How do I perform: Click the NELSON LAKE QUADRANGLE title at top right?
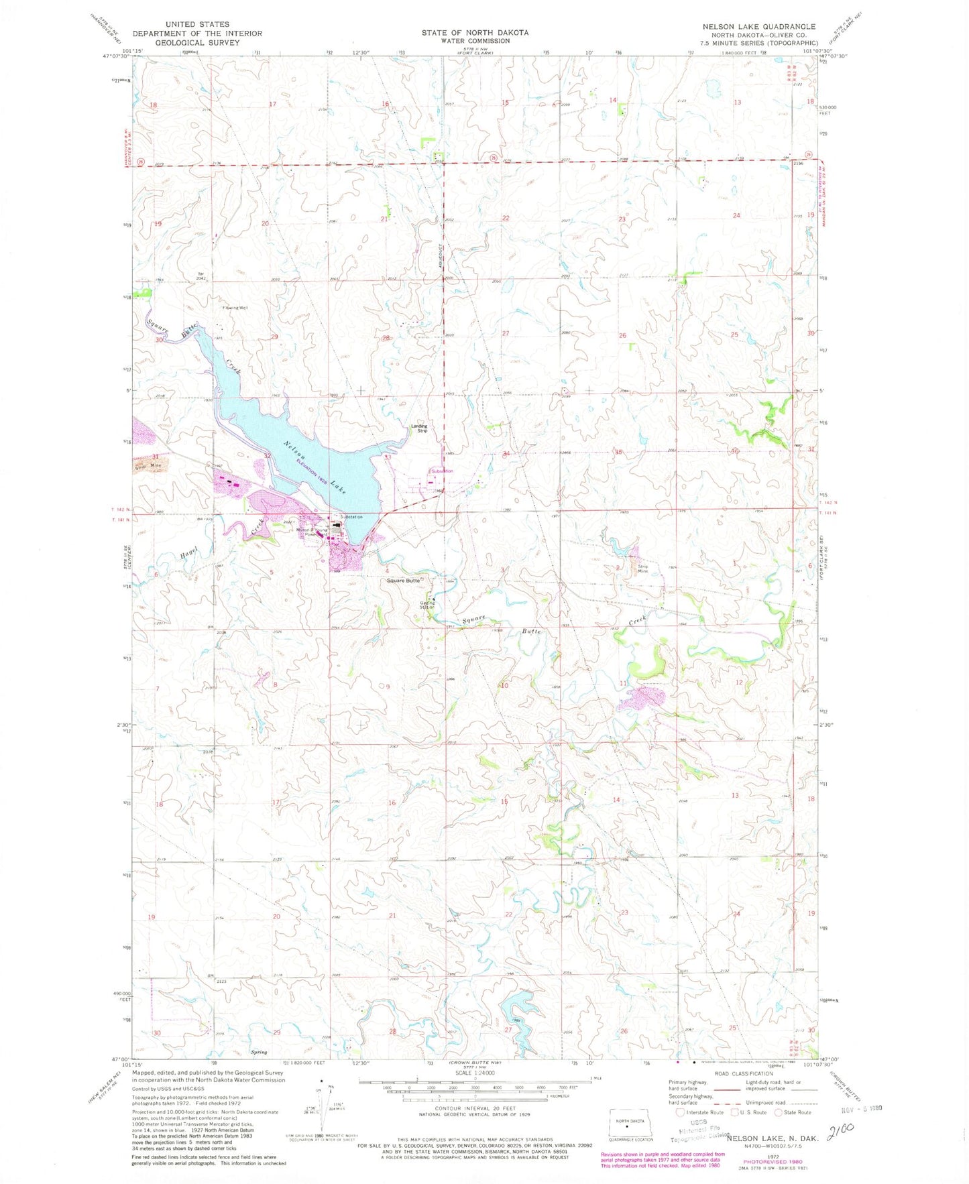coord(759,27)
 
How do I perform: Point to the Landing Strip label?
coord(419,428)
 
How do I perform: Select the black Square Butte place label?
coord(404,581)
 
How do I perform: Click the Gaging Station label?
coord(427,604)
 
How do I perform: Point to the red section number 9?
coord(387,687)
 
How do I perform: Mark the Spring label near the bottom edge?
coord(259,1052)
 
